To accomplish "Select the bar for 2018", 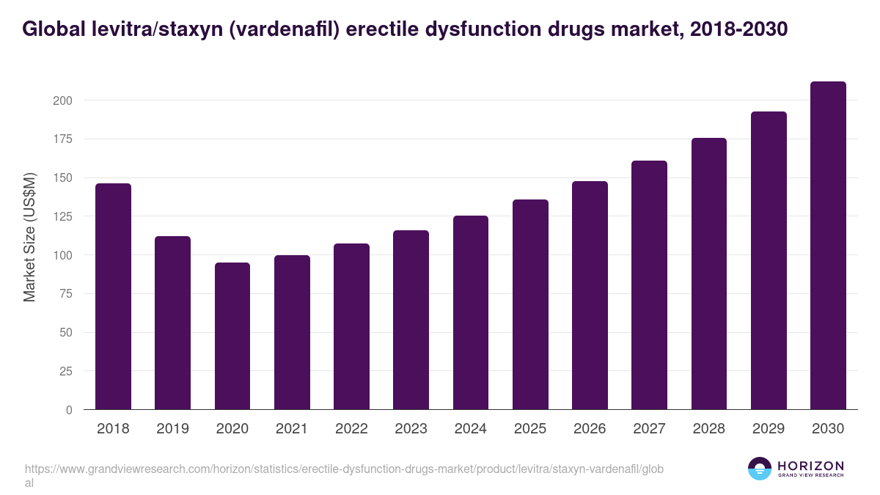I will pos(114,296).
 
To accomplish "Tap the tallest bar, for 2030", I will pos(828,246).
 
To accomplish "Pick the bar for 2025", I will pos(530,304).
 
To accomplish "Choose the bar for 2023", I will pos(411,320).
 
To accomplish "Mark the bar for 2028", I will pos(709,274).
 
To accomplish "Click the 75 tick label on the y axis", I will pos(65,294).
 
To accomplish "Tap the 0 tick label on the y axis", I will pos(69,410).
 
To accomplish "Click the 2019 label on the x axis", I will pos(173,429).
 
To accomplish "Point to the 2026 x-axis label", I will pos(590,429).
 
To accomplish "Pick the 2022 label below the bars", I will pos(351,429).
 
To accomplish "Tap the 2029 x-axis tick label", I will pos(769,429).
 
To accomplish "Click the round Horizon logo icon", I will pos(760,469).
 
